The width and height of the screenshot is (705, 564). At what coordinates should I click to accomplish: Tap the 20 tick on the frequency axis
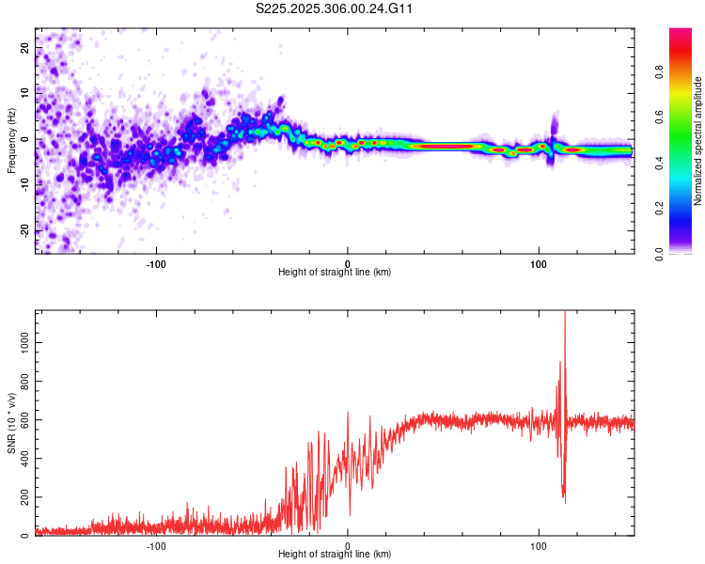pyautogui.click(x=25, y=47)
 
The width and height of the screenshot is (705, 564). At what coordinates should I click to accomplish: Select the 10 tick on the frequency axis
pyautogui.click(x=25, y=93)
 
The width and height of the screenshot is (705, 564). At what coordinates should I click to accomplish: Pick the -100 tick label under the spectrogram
pyautogui.click(x=156, y=262)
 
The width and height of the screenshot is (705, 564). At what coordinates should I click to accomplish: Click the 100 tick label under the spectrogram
pyautogui.click(x=539, y=262)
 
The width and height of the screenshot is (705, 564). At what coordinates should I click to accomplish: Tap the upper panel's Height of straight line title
pyautogui.click(x=335, y=273)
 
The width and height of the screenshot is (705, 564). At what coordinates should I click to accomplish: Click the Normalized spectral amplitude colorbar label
pyautogui.click(x=698, y=141)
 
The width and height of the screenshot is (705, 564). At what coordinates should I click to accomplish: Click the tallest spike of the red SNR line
pyautogui.click(x=565, y=314)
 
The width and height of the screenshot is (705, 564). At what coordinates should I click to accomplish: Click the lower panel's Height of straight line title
pyautogui.click(x=335, y=555)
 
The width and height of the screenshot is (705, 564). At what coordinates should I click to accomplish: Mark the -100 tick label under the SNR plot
pyautogui.click(x=156, y=545)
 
